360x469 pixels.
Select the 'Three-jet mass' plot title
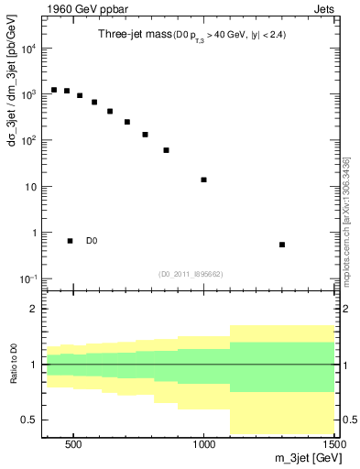131,35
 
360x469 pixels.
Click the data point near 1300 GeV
282,245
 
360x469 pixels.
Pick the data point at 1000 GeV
203,180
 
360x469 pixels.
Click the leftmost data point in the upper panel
54,90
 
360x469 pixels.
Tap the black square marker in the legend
71,241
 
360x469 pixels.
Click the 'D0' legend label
92,242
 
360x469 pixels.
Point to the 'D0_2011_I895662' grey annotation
191,273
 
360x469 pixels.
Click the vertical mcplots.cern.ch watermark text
347,220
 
